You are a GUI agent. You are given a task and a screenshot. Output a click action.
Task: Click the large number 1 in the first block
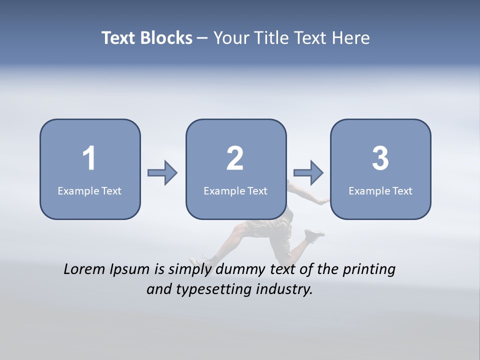tap(89, 158)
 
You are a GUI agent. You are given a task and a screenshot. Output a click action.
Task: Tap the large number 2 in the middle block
tap(235, 158)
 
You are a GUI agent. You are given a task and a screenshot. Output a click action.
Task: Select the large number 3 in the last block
tap(380, 158)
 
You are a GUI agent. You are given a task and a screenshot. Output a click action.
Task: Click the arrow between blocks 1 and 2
tap(163, 173)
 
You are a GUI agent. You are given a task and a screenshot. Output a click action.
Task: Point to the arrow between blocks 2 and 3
tap(308, 173)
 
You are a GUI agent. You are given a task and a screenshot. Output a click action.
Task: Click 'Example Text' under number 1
tap(89, 190)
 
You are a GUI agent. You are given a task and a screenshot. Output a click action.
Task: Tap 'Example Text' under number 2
tap(235, 190)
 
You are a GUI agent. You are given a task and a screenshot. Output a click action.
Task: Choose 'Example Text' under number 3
tap(380, 190)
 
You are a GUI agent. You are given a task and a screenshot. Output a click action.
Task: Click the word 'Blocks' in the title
tap(166, 38)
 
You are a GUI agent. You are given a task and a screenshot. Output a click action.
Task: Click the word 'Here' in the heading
tap(352, 38)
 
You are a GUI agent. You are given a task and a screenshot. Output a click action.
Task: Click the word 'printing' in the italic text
tap(369, 269)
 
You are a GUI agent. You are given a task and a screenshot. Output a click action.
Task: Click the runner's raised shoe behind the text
tap(314, 234)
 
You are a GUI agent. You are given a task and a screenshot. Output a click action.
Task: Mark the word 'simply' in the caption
tap(189, 269)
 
